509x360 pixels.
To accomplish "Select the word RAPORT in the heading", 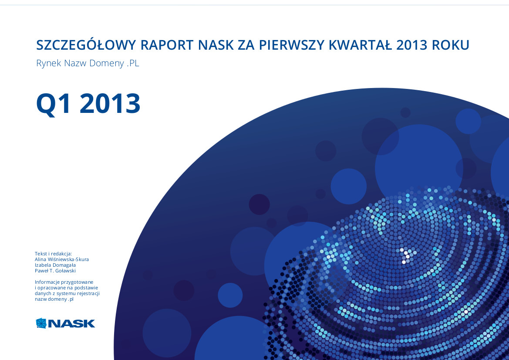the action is tap(167, 45).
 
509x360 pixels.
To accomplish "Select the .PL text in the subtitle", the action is tap(133, 63).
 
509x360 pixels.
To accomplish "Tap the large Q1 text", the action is tap(54, 104).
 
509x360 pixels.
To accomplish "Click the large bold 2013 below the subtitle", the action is tap(110, 104).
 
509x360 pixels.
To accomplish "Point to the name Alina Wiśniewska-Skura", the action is tap(62, 259).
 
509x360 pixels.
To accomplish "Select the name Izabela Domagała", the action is tap(55, 265).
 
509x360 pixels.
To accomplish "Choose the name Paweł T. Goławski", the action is tap(55, 271).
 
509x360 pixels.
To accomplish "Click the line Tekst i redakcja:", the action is tap(53, 254).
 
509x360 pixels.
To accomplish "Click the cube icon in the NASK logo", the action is tap(41, 323).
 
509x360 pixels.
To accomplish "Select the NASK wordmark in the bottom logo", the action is tap(71, 324).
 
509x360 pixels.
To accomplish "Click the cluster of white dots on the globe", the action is tap(406, 255).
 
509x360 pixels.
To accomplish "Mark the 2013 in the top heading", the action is tap(411, 45).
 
